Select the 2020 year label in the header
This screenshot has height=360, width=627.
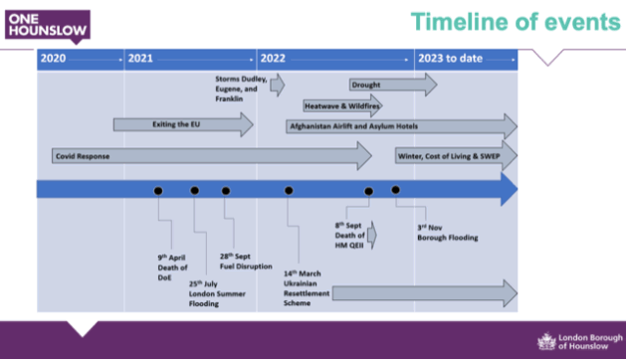click(x=53, y=59)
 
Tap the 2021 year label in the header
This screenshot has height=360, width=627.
click(x=140, y=59)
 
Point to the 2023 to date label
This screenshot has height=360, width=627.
click(x=450, y=59)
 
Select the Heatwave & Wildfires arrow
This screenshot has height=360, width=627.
click(x=341, y=105)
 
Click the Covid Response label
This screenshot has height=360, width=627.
click(x=83, y=156)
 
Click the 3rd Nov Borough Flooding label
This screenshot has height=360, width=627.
click(x=446, y=233)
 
